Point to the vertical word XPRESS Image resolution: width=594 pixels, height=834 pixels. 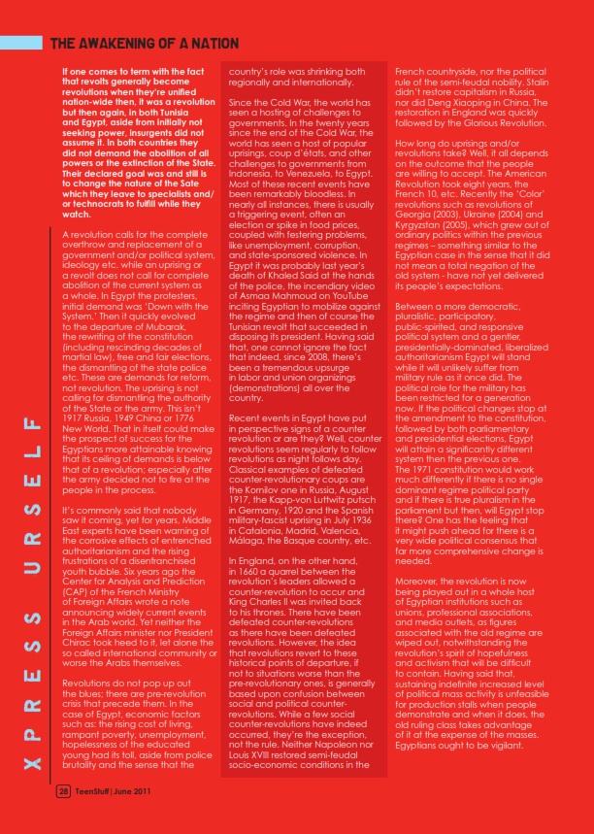[x=33, y=682]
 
